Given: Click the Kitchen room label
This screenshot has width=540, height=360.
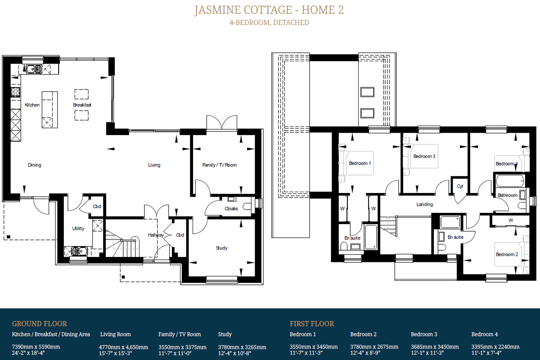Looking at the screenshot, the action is tap(32, 105).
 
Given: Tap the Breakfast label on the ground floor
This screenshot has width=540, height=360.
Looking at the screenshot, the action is tap(82, 105).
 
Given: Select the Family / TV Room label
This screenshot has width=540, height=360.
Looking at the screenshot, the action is tap(220, 165).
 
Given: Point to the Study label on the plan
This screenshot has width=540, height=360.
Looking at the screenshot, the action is tap(221, 248).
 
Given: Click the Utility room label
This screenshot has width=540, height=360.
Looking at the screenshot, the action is tap(78, 228).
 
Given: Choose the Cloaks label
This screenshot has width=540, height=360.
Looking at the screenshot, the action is tap(231, 208).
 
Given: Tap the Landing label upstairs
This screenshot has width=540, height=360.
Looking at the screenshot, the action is tap(424, 204).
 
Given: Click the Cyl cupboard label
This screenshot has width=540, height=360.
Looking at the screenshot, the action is tap(460, 186).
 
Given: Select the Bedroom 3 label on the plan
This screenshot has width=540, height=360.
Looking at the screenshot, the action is tap(424, 156).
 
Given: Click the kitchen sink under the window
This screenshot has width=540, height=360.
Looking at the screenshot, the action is tap(34, 69).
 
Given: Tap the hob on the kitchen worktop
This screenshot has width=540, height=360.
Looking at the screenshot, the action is tap(16, 92).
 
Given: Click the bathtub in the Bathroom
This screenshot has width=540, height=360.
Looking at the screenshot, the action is tap(509, 181).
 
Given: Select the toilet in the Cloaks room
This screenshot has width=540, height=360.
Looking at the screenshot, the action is tap(247, 207).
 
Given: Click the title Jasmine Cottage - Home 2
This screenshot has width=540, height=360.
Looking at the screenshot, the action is tap(269, 10).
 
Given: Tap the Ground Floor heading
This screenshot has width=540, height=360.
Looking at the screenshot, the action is tap(40, 324).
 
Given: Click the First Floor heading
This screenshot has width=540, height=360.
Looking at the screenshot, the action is tap(312, 324).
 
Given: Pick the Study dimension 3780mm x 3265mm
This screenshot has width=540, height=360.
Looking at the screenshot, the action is tap(242, 347).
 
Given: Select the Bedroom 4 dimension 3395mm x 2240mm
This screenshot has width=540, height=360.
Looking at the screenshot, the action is tap(495, 347).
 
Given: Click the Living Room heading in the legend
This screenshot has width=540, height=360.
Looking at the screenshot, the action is tap(116, 334).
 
